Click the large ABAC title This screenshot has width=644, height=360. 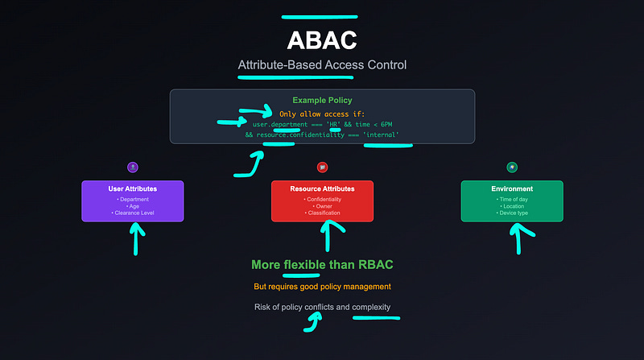tap(322, 40)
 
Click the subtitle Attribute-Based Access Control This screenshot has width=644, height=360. tap(322, 65)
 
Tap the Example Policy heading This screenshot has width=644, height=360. tap(322, 101)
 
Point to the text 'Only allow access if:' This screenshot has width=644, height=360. tap(322, 114)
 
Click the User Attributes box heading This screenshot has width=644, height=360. tap(133, 188)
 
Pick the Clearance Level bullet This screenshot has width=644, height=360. tap(133, 213)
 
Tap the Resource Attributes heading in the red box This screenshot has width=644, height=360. tap(322, 188)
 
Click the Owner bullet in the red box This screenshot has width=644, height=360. tap(322, 205)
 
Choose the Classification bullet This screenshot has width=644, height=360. tap(322, 213)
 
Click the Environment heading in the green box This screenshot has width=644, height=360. tap(512, 188)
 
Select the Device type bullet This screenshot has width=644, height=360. tap(512, 213)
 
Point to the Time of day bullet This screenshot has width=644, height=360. tap(512, 198)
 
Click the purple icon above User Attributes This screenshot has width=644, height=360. tap(133, 167)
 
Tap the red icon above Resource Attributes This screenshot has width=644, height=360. tap(322, 167)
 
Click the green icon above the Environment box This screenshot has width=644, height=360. tap(512, 167)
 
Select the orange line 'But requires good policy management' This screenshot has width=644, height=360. tap(322, 287)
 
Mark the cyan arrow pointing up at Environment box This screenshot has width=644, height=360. tap(522, 237)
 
